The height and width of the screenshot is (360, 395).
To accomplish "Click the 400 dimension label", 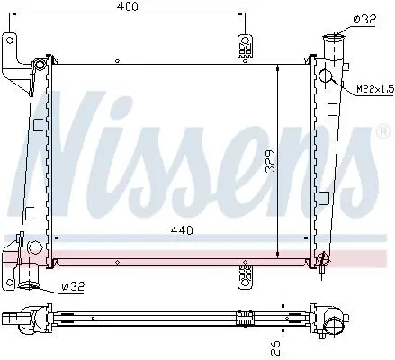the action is [128, 6].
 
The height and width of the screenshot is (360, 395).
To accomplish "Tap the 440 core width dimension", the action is [182, 230].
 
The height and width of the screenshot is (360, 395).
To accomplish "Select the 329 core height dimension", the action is [271, 161].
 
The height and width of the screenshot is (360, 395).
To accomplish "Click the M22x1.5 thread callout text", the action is [375, 89].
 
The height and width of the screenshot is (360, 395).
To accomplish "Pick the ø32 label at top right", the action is [364, 19].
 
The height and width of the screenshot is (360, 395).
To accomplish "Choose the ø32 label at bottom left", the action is [73, 286].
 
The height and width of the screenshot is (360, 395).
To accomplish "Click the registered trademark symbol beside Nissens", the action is [383, 132].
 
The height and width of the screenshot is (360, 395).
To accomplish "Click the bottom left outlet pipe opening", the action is [28, 284].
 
